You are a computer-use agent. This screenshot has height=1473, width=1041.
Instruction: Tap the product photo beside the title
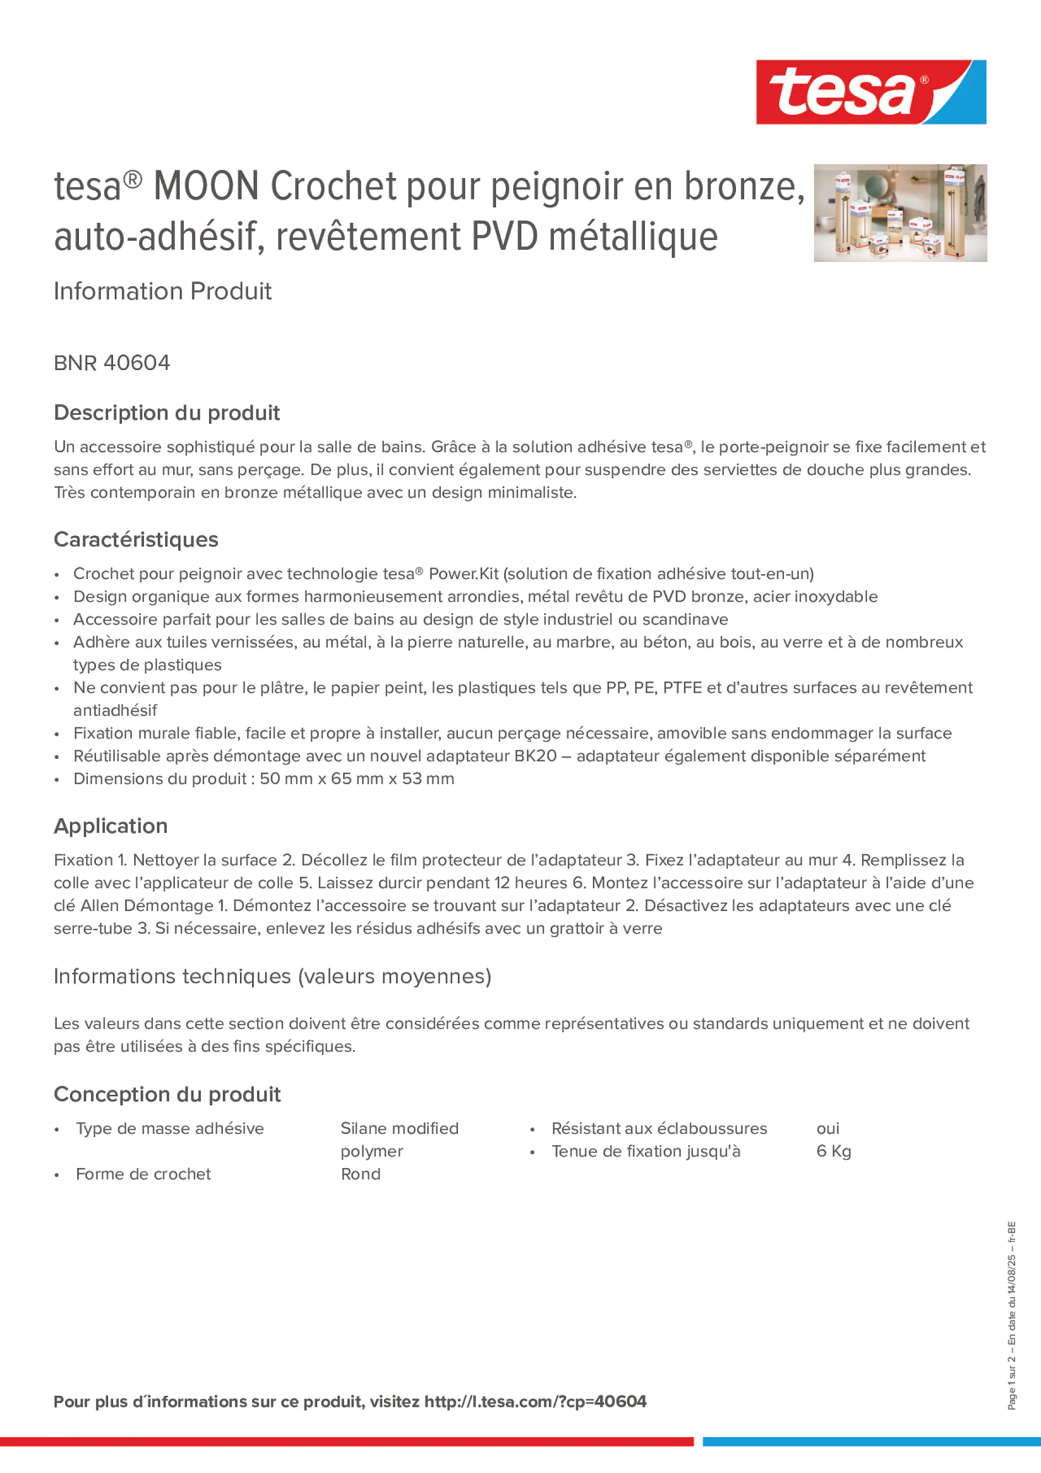point(900,212)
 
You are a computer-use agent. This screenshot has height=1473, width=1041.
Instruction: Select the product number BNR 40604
point(111,363)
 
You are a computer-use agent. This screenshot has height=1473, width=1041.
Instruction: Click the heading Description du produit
point(167,413)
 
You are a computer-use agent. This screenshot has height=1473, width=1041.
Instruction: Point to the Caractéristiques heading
point(136,539)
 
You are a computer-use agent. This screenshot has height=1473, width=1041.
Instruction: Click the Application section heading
point(110,826)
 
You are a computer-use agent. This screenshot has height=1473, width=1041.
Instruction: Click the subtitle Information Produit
point(162,291)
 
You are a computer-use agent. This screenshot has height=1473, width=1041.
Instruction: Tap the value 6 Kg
point(833,1151)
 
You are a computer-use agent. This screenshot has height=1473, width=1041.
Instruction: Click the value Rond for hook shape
point(361,1174)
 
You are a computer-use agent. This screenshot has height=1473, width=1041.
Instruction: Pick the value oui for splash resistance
point(828,1128)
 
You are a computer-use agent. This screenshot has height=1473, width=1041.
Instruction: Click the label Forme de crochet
point(143,1174)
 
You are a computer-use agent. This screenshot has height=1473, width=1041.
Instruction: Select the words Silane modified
point(399,1128)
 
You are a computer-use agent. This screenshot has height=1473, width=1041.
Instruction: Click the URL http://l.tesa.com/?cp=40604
point(535,1401)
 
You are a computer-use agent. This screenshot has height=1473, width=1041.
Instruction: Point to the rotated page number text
point(1011,1315)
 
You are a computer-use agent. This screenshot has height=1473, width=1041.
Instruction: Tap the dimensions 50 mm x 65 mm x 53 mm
point(357,779)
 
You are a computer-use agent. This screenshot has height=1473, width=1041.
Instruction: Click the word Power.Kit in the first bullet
point(463,574)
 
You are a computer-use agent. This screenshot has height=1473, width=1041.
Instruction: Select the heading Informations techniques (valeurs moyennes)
point(272,977)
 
